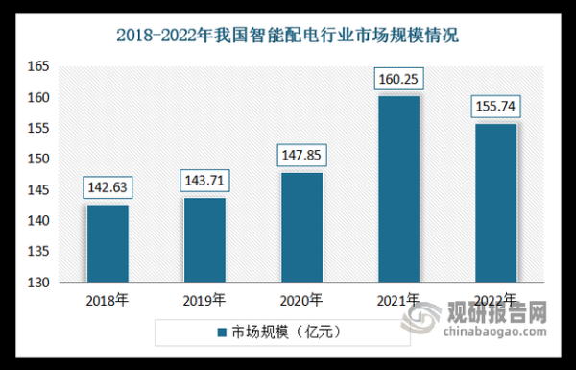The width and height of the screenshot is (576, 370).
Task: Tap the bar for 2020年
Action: click(x=301, y=228)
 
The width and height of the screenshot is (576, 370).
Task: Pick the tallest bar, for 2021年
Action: click(x=398, y=189)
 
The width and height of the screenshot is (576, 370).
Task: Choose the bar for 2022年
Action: click(x=496, y=203)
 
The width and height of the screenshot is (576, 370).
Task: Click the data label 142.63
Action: click(x=107, y=186)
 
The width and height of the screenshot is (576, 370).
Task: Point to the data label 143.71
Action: click(x=204, y=180)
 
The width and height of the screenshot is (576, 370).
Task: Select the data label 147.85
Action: click(x=301, y=154)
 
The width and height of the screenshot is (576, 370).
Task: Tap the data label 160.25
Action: click(x=398, y=78)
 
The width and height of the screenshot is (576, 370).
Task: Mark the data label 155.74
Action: click(x=496, y=106)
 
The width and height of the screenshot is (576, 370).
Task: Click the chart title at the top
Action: click(x=288, y=37)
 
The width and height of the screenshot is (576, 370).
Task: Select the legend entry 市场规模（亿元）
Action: click(x=287, y=332)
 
